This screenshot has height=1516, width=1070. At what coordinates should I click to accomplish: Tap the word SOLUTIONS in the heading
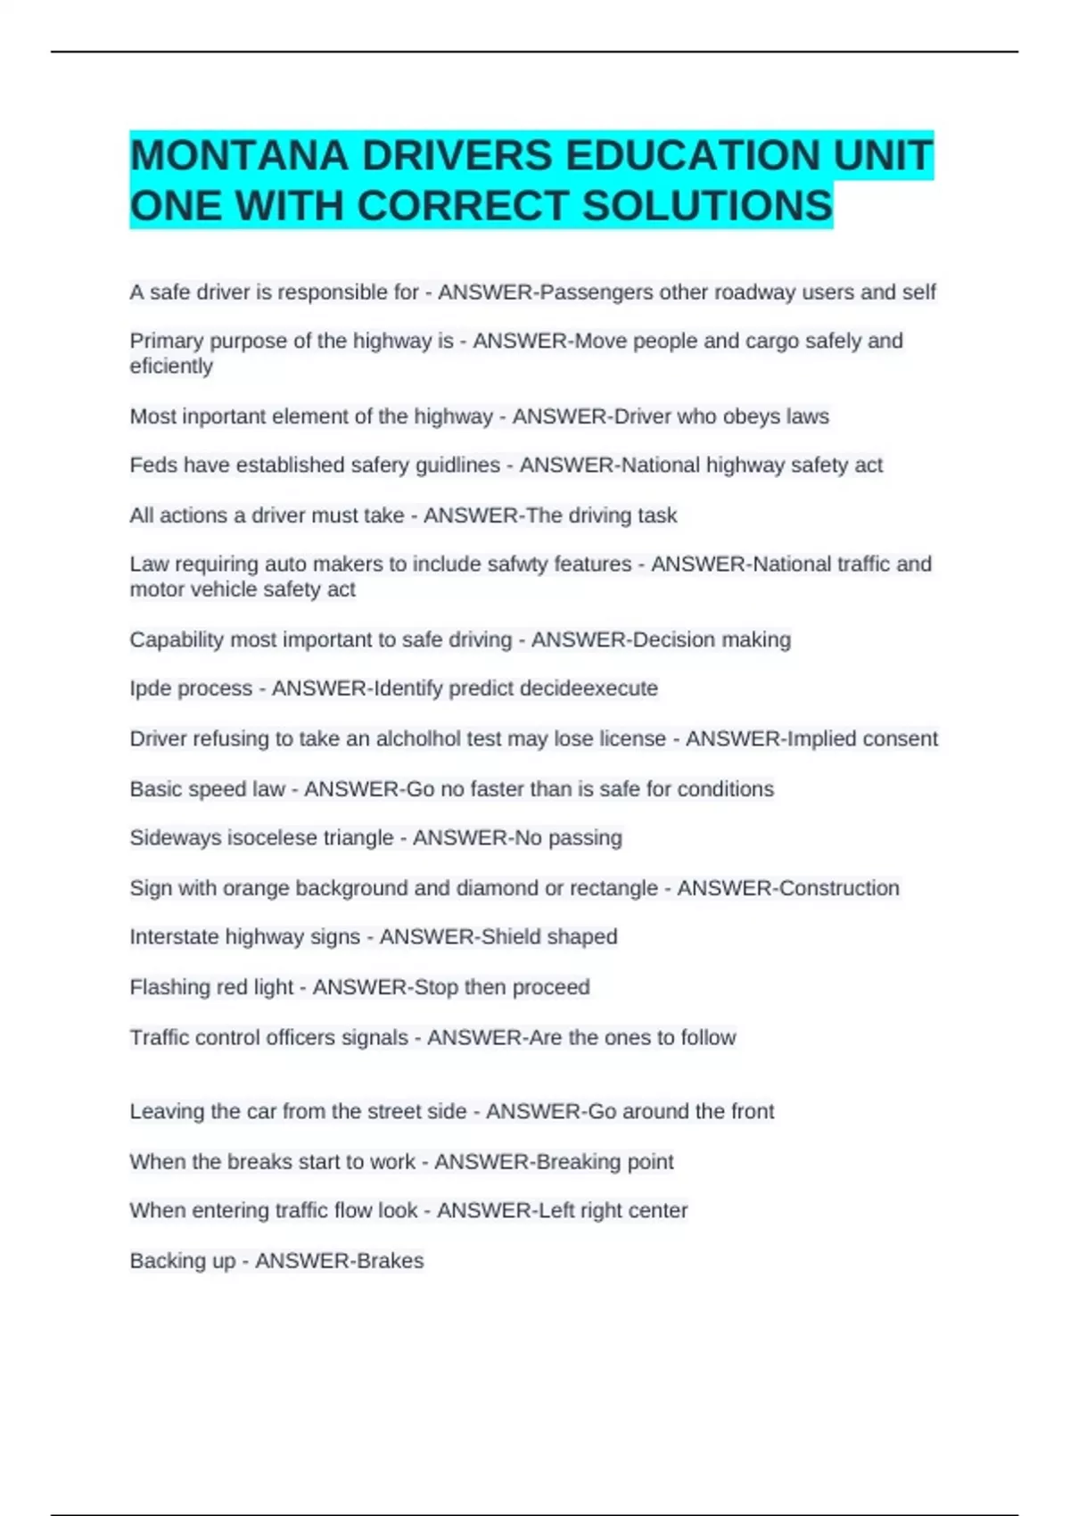point(707,206)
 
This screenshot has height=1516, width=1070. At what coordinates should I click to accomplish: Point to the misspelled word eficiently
point(171,367)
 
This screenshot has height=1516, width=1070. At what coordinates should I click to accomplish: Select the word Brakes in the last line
point(390,1261)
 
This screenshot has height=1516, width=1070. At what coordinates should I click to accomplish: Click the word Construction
point(839,888)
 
